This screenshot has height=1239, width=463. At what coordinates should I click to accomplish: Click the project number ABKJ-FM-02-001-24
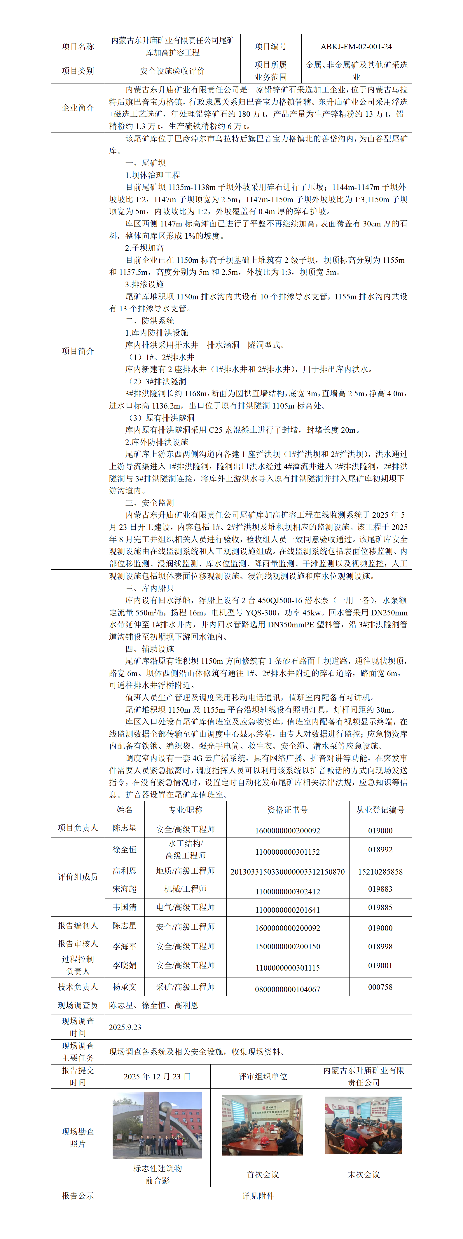[x=356, y=47]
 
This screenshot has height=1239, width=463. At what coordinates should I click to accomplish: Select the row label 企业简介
[x=78, y=108]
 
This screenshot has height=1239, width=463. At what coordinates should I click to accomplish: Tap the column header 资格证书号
[x=287, y=809]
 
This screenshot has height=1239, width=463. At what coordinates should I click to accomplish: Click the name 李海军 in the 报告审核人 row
[x=125, y=946]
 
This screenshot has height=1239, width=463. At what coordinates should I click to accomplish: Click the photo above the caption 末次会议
[x=364, y=1125]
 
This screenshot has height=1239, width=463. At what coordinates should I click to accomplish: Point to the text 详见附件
[x=258, y=1195]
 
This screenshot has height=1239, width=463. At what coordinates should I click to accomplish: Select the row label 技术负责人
[x=78, y=987]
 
